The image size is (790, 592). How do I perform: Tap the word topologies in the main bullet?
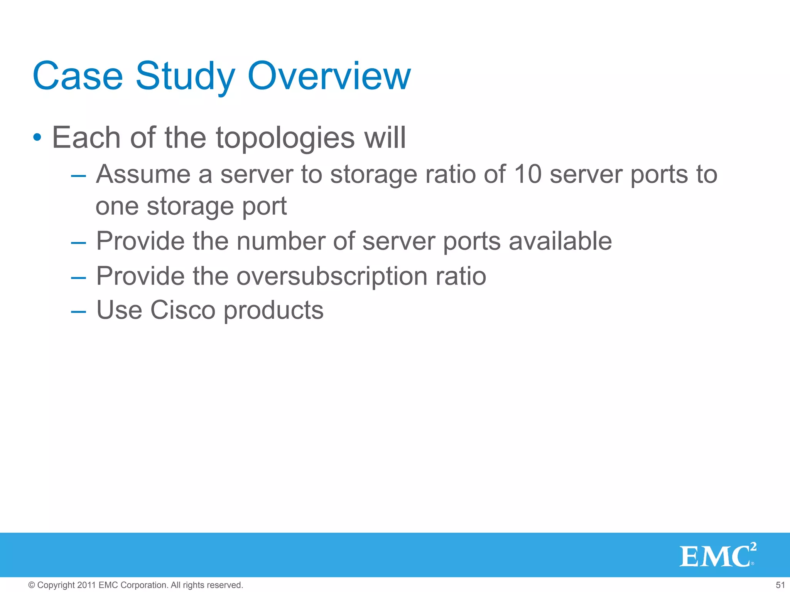pyautogui.click(x=285, y=138)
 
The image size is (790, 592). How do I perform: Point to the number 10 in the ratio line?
pyautogui.click(x=528, y=174)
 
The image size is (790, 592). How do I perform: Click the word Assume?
pyautogui.click(x=143, y=174)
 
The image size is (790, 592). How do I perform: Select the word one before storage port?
pyautogui.click(x=117, y=207)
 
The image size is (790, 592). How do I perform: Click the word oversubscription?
pyautogui.click(x=331, y=276)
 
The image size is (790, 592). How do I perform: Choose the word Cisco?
pyautogui.click(x=182, y=310)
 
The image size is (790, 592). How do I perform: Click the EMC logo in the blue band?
pyautogui.click(x=717, y=555)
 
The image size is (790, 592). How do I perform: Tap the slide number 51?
pyautogui.click(x=780, y=585)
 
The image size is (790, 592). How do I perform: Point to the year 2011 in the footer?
pyautogui.click(x=86, y=585)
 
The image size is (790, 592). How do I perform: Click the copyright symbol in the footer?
pyautogui.click(x=32, y=585)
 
